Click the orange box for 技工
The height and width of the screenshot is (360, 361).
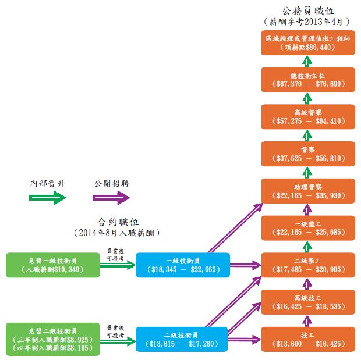click(307, 340)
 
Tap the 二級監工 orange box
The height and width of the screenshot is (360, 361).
click(307, 265)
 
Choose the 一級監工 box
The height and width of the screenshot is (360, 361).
click(307, 227)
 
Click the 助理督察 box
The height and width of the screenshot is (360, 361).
click(307, 190)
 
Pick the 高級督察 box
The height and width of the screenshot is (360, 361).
click(307, 117)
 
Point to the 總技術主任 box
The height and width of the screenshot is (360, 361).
click(307, 80)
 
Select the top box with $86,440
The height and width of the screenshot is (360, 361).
click(307, 42)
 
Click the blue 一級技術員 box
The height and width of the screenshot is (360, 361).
click(183, 265)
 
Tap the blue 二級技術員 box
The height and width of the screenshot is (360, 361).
click(183, 340)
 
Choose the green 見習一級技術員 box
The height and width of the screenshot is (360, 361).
click(52, 265)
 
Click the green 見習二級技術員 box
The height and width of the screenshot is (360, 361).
click(52, 340)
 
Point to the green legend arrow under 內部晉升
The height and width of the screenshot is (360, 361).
click(48, 198)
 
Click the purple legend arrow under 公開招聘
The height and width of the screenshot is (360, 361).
click(111, 198)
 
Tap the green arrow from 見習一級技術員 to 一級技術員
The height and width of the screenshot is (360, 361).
click(118, 266)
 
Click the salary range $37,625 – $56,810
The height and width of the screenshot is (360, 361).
click(307, 158)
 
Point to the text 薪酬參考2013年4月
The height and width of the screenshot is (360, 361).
click(307, 21)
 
